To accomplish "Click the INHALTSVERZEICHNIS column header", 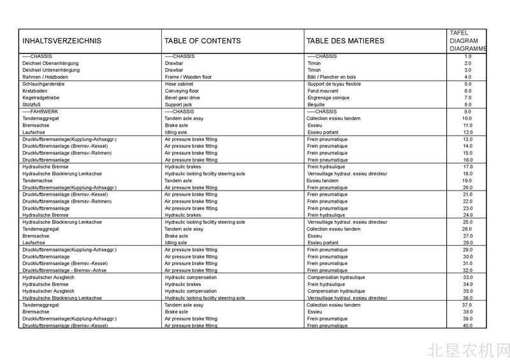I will (x=62, y=41).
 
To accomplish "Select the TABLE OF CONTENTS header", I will (x=203, y=41).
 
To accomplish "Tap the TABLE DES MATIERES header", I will (x=345, y=41).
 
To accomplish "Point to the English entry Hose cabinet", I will (x=179, y=84).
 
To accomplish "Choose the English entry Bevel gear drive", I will (x=182, y=97).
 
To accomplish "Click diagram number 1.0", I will (x=467, y=56).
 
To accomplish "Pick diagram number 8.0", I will (x=467, y=104).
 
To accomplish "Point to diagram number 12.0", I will (x=467, y=133).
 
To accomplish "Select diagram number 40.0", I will (x=467, y=326).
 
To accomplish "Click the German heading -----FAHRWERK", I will (x=40, y=112).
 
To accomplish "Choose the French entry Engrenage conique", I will (x=328, y=97).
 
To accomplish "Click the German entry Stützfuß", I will (x=33, y=104).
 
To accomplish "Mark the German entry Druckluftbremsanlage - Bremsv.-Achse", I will (x=64, y=270).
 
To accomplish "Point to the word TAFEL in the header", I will (x=459, y=32).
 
